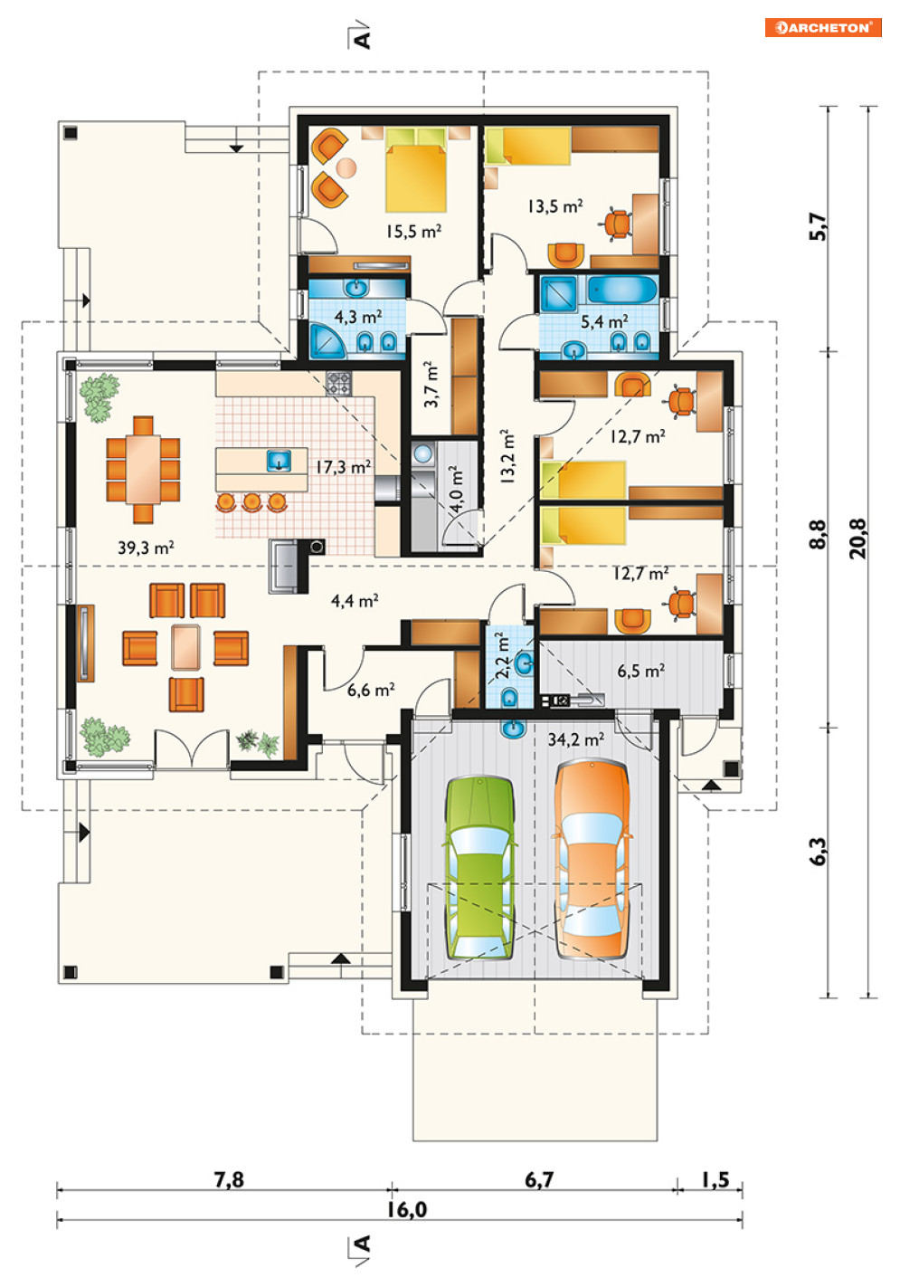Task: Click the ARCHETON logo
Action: (822, 27)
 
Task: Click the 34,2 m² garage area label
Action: (575, 739)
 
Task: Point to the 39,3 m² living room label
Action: (146, 547)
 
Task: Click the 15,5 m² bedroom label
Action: (413, 231)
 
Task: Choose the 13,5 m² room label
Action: (555, 205)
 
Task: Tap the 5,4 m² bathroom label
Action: (604, 321)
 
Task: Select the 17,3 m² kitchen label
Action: (343, 466)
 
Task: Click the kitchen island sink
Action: (279, 461)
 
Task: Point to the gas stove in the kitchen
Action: (338, 383)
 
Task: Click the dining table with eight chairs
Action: (143, 470)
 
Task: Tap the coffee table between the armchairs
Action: (185, 647)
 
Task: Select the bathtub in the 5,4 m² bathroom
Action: (622, 291)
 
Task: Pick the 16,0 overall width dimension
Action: (406, 1209)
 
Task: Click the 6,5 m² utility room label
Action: (641, 671)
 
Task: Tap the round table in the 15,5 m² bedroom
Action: (346, 168)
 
